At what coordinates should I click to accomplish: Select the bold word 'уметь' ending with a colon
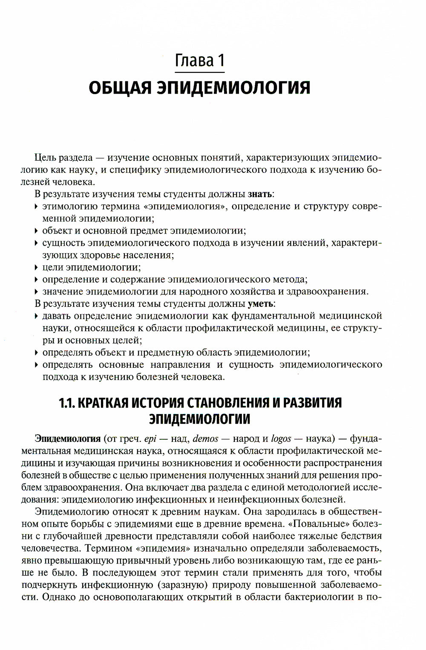click(x=262, y=304)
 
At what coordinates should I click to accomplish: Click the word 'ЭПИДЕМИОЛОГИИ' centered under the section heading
click(x=199, y=419)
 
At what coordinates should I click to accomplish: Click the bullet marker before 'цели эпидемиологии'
click(x=37, y=268)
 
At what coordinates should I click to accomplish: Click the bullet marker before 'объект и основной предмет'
click(x=37, y=231)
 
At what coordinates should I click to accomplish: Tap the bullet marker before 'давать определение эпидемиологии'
click(x=37, y=316)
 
